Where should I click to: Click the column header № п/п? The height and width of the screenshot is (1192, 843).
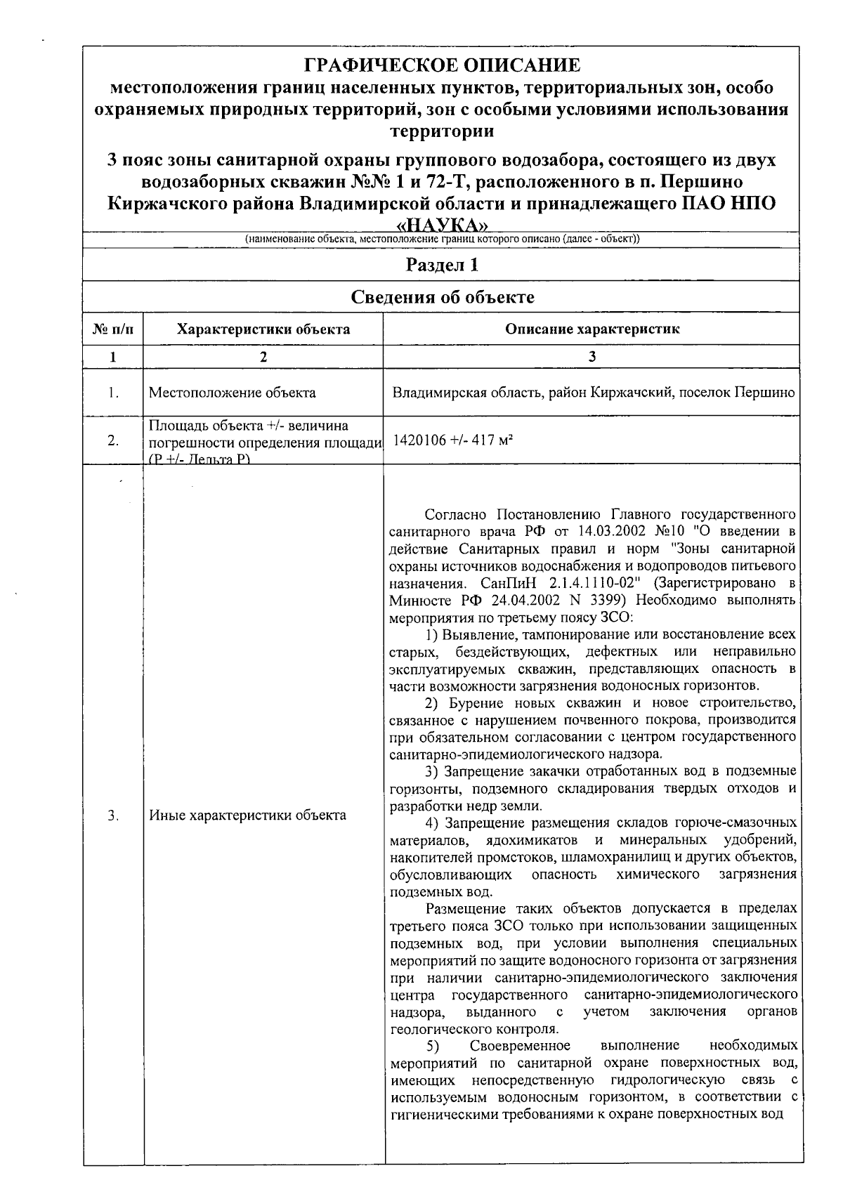click(112, 329)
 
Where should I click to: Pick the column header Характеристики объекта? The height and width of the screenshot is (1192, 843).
click(263, 329)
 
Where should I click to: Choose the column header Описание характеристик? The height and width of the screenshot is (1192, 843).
click(592, 329)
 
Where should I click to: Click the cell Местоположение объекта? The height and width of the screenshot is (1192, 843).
click(233, 393)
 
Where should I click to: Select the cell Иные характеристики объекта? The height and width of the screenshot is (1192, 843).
click(247, 816)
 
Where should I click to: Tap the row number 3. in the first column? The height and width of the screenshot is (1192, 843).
click(112, 816)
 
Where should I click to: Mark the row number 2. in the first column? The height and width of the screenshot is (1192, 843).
click(112, 441)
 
